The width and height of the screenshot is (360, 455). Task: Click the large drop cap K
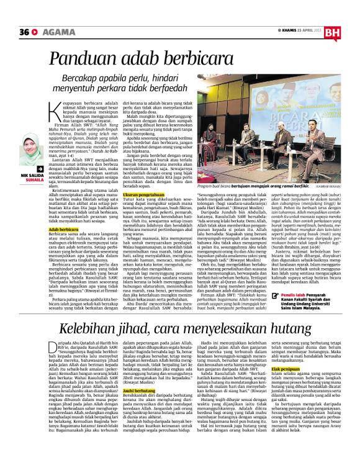tap(54, 108)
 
